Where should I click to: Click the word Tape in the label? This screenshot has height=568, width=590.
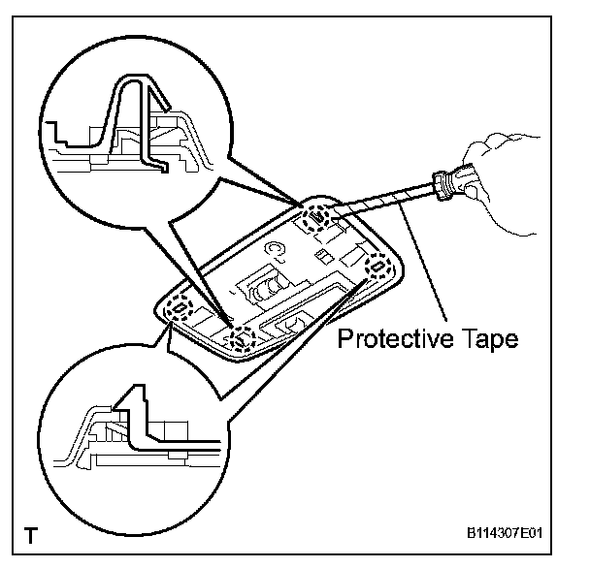click(x=482, y=340)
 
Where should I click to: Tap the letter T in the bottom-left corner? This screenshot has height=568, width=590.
click(x=32, y=534)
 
